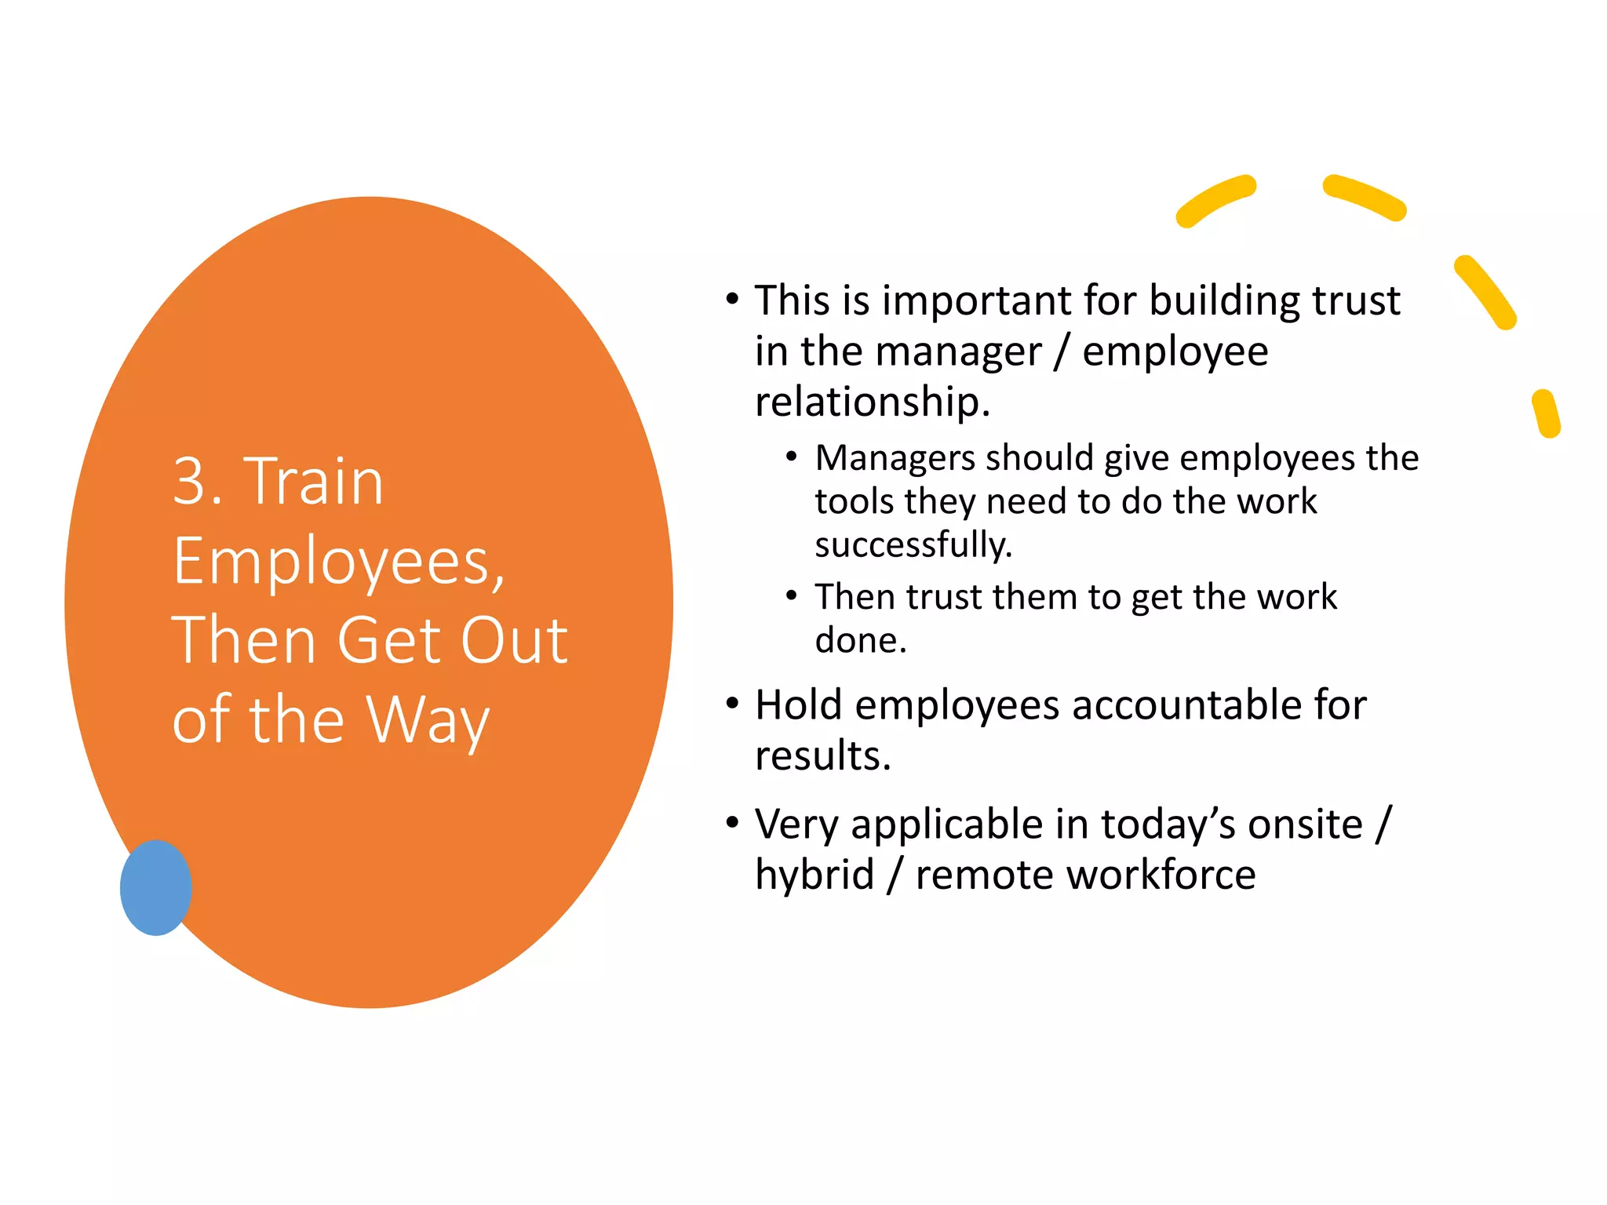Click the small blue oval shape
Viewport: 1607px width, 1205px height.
click(x=155, y=887)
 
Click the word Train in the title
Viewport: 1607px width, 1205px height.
click(x=314, y=481)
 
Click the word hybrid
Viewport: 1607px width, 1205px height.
click(x=814, y=875)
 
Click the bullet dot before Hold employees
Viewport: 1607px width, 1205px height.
click(x=732, y=703)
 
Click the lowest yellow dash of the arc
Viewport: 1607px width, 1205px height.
click(x=1546, y=413)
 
